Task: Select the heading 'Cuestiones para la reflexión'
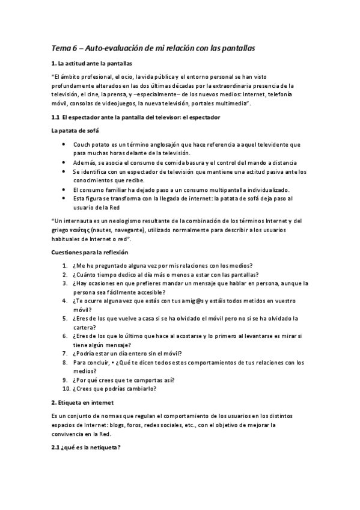point(90,252)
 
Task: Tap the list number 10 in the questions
point(66,389)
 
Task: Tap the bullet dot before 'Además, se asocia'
point(65,163)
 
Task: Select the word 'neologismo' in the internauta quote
point(117,221)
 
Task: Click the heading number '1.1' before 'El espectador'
point(55,117)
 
